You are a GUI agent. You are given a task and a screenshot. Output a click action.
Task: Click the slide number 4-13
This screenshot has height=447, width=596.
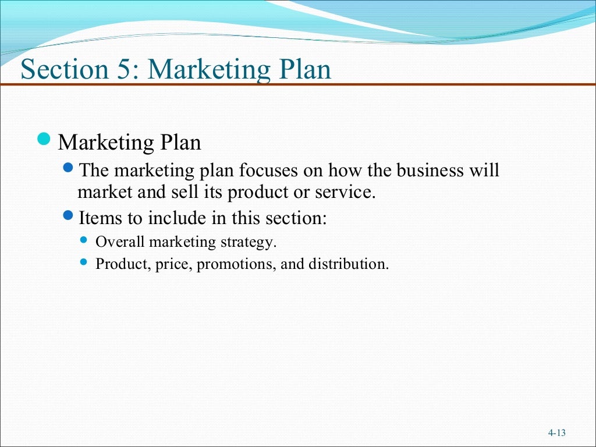point(557,432)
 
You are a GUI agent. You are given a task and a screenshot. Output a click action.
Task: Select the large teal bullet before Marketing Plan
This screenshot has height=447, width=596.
point(44,139)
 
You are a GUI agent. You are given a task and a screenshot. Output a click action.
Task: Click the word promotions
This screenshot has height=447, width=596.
point(236,265)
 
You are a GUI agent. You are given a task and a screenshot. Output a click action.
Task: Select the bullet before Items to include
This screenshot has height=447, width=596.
point(68,217)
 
